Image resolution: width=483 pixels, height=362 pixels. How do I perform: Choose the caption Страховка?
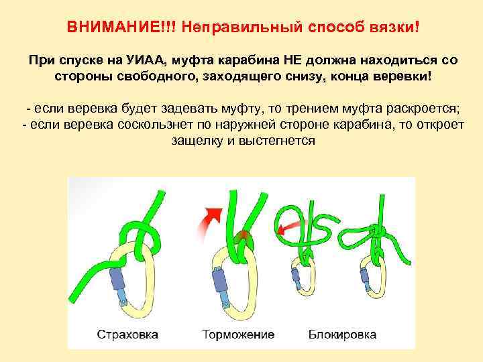coord(127,333)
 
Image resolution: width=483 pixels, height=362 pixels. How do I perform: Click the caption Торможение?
coord(238,333)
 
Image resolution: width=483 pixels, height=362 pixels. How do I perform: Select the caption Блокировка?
coord(343,333)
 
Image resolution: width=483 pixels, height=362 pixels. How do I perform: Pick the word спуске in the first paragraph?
coord(80,60)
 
